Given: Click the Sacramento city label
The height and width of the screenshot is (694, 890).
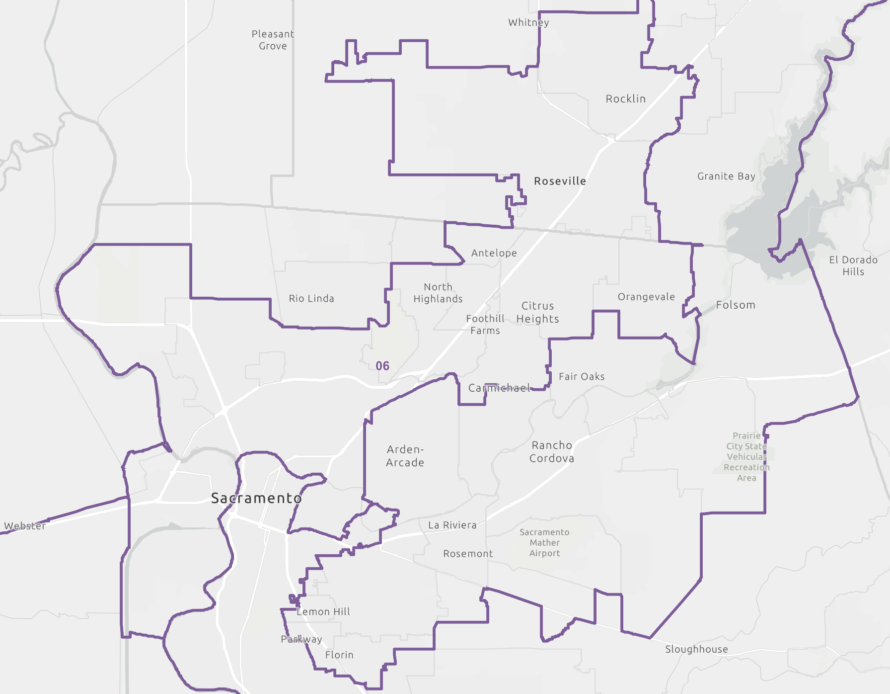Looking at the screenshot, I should [x=256, y=498].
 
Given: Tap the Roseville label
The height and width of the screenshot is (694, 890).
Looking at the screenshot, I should [x=560, y=181].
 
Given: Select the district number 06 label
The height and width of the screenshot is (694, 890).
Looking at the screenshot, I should [x=382, y=366].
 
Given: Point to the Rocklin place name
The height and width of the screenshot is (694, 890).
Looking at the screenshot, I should [x=625, y=99].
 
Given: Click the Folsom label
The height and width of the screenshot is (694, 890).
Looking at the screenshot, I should [x=736, y=305].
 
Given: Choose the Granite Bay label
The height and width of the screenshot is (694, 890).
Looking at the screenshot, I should [x=726, y=176].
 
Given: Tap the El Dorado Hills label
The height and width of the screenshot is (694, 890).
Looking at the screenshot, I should [x=853, y=265].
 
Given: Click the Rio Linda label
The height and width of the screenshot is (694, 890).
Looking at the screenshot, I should [x=311, y=298].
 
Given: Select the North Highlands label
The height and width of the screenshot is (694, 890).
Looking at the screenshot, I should [x=438, y=293].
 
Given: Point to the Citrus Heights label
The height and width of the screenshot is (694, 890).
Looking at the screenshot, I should [x=538, y=312].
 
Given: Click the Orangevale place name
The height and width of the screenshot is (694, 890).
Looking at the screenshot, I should [x=646, y=297].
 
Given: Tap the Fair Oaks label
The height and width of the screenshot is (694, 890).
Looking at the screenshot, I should [x=582, y=376].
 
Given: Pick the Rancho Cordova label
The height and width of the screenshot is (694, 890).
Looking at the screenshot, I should [x=552, y=451].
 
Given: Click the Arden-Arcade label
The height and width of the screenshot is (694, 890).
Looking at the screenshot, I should [x=405, y=456].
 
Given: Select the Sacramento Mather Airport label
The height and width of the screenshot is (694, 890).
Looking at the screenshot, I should [x=544, y=542].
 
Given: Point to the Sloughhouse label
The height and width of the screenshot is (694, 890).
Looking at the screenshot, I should [x=696, y=649].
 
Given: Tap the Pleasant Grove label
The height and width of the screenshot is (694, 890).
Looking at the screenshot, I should [x=273, y=40].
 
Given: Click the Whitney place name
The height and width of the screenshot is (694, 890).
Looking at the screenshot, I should [x=528, y=22].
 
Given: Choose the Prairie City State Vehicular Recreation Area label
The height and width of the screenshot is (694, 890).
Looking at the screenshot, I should [x=746, y=456].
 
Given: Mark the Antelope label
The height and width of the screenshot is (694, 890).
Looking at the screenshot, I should [x=494, y=253].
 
